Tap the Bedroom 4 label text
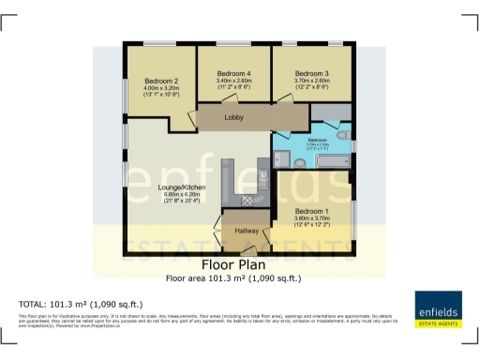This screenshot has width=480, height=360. point(234,73)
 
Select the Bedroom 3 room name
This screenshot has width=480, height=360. point(311,73)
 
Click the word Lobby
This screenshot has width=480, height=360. point(235,117)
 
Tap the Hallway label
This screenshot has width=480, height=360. point(247,229)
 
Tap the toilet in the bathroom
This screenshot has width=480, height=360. point(342,145)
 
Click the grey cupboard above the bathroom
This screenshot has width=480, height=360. point(330,113)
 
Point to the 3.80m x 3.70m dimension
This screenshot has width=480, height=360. point(312,219)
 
